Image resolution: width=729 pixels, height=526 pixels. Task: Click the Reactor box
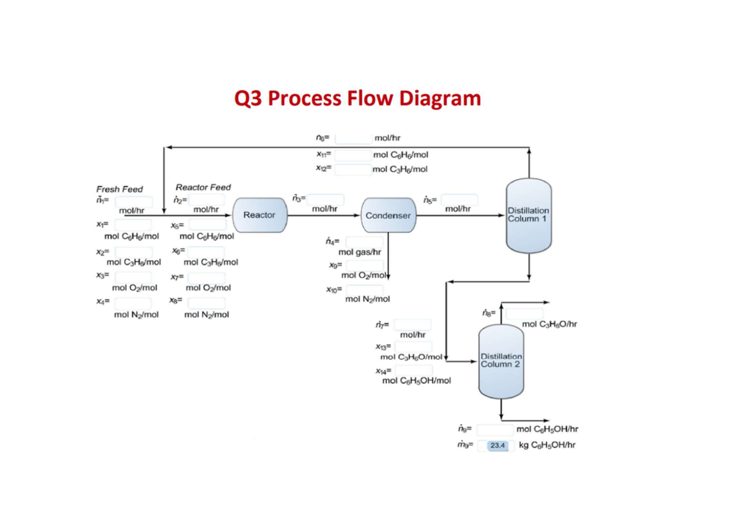259,215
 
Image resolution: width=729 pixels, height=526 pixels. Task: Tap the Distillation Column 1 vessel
528,215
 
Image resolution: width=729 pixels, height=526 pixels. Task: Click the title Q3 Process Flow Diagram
357,99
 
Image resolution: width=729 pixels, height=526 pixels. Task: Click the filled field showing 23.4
498,445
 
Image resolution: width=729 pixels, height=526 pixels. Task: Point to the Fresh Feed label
119,189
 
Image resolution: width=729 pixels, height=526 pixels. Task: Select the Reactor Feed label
203,188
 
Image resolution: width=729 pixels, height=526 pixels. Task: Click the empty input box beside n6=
353,139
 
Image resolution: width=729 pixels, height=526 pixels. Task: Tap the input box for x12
353,169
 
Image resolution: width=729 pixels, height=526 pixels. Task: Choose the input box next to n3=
325,199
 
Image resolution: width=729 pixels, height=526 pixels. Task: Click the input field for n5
459,199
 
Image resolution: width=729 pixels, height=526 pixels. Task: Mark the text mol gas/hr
359,253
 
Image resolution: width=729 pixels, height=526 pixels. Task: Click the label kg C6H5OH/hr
548,445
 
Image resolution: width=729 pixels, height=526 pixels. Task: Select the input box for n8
524,313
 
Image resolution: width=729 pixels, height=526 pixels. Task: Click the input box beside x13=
413,347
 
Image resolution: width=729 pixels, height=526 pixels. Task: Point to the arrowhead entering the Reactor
229,215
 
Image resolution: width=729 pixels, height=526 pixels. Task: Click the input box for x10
362,289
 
